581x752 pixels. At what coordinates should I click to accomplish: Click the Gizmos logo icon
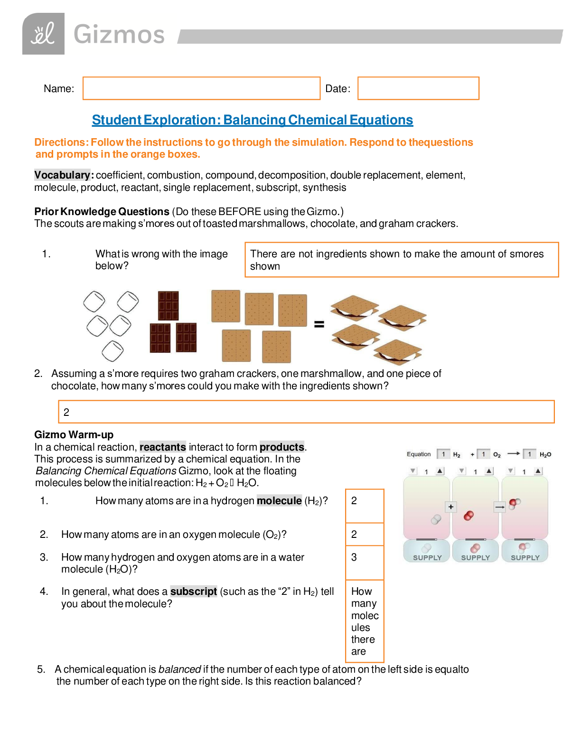tap(43, 34)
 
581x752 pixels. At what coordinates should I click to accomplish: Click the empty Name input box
tap(201, 88)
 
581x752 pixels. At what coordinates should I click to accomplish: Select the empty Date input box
tap(418, 88)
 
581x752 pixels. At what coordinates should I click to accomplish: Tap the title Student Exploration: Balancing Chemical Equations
tap(252, 120)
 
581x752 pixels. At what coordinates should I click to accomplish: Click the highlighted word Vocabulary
tap(62, 175)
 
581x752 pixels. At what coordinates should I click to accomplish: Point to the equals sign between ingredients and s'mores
tap(319, 324)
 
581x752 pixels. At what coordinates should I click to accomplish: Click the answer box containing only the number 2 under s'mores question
tap(306, 412)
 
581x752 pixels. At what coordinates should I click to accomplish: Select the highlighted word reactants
tap(163, 447)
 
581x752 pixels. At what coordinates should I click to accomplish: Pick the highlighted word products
tap(282, 447)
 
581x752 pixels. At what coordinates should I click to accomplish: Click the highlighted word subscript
tap(193, 592)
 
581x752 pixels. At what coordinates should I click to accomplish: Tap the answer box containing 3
tap(365, 563)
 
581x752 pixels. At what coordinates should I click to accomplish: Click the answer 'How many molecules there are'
tap(365, 621)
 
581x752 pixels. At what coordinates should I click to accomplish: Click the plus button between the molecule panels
tap(451, 507)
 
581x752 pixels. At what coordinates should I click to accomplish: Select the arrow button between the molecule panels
tap(499, 507)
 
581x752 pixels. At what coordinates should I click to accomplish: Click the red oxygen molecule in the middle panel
tap(469, 516)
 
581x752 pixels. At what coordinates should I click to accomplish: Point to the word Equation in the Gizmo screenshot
tap(419, 454)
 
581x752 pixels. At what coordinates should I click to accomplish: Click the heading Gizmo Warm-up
tap(74, 435)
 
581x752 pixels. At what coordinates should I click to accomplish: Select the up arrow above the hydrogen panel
tap(440, 471)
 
